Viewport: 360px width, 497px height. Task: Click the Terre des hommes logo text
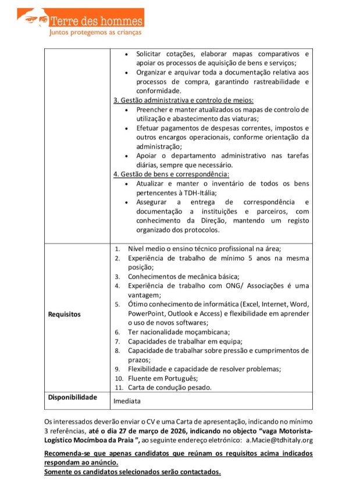click(x=96, y=22)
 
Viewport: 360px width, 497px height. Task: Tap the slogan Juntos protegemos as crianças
click(x=94, y=33)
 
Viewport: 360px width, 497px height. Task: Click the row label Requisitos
click(x=65, y=314)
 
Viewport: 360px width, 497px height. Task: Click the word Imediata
click(x=126, y=401)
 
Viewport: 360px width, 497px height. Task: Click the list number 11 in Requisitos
click(x=118, y=387)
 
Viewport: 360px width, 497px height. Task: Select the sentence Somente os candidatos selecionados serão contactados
click(x=133, y=471)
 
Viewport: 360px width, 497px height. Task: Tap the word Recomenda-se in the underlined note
click(x=70, y=453)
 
